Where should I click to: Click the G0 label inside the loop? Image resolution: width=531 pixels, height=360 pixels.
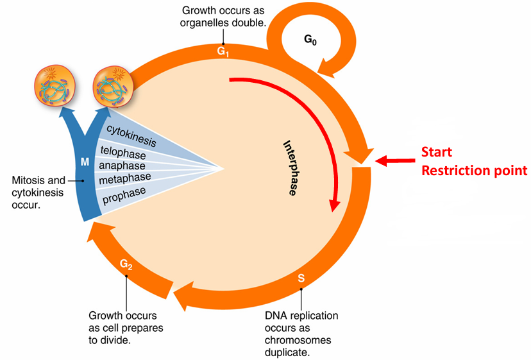(310, 40)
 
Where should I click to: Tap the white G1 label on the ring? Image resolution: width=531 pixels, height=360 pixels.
(223, 51)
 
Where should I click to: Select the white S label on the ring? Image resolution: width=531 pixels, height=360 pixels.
(301, 279)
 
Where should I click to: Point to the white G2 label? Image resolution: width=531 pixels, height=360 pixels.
(126, 264)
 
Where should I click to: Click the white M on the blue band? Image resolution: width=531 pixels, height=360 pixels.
(85, 162)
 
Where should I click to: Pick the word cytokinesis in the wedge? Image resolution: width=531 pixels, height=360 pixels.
(131, 136)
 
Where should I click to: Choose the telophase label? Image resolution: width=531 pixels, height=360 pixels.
(123, 153)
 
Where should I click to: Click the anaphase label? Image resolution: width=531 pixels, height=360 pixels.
(122, 166)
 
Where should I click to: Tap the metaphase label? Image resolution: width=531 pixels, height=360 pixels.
(125, 178)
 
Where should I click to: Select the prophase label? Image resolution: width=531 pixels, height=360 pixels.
(124, 196)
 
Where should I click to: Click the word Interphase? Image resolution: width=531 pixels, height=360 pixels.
(291, 167)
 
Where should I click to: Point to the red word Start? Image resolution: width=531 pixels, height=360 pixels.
(437, 152)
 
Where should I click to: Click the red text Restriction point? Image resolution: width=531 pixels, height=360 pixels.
(474, 171)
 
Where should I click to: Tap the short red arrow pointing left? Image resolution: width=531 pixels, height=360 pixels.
(395, 160)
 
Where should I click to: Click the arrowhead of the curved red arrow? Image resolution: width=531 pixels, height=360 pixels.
(335, 205)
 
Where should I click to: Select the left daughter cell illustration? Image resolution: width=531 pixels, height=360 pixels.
(55, 85)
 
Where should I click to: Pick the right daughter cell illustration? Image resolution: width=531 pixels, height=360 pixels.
(113, 86)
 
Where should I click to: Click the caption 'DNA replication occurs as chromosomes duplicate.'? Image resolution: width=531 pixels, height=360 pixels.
(301, 334)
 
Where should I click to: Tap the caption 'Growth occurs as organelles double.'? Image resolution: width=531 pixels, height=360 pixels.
(223, 17)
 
